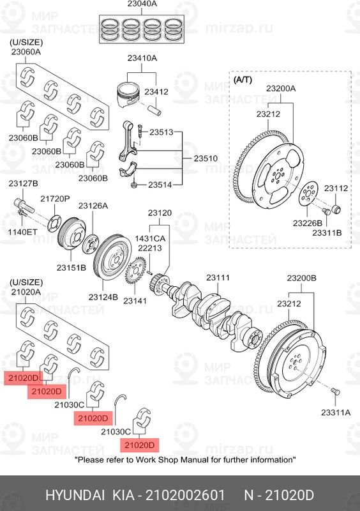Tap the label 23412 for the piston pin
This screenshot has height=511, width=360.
156,91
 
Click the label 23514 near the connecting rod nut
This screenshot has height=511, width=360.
161,185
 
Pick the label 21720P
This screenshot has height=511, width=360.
55,199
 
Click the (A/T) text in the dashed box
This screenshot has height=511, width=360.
243,80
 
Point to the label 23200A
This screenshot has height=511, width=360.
281,88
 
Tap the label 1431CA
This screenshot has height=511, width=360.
150,238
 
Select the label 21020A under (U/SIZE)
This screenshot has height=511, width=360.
26,291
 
